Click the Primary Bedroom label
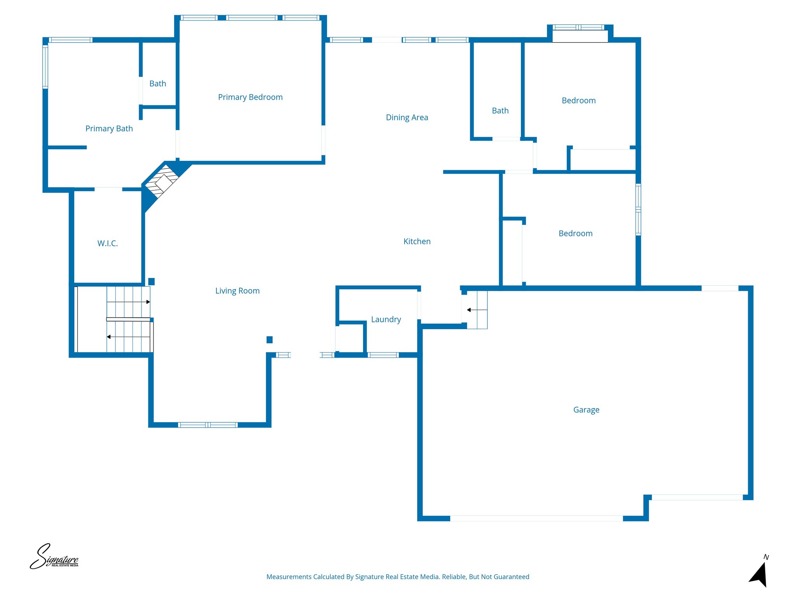(x=250, y=97)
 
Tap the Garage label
(x=586, y=410)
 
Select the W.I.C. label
(x=107, y=243)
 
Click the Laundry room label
(x=386, y=319)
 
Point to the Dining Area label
(x=407, y=117)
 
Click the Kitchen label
(x=417, y=241)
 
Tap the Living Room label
(x=237, y=291)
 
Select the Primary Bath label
(x=109, y=129)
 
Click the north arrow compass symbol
(x=759, y=573)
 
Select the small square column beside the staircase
(x=152, y=281)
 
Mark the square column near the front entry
(x=269, y=340)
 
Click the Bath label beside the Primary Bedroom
(x=157, y=84)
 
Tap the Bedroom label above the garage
(x=575, y=234)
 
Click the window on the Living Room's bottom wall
(x=208, y=425)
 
